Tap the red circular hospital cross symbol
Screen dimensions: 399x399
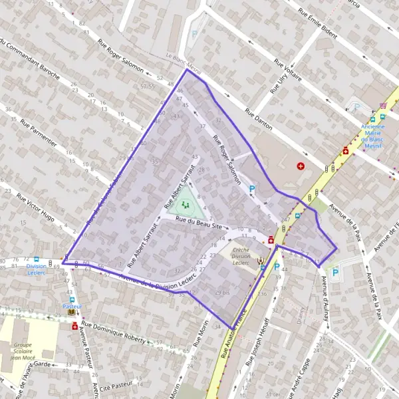301,166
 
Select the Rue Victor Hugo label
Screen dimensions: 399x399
36,208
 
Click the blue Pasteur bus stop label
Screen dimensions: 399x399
72,306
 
